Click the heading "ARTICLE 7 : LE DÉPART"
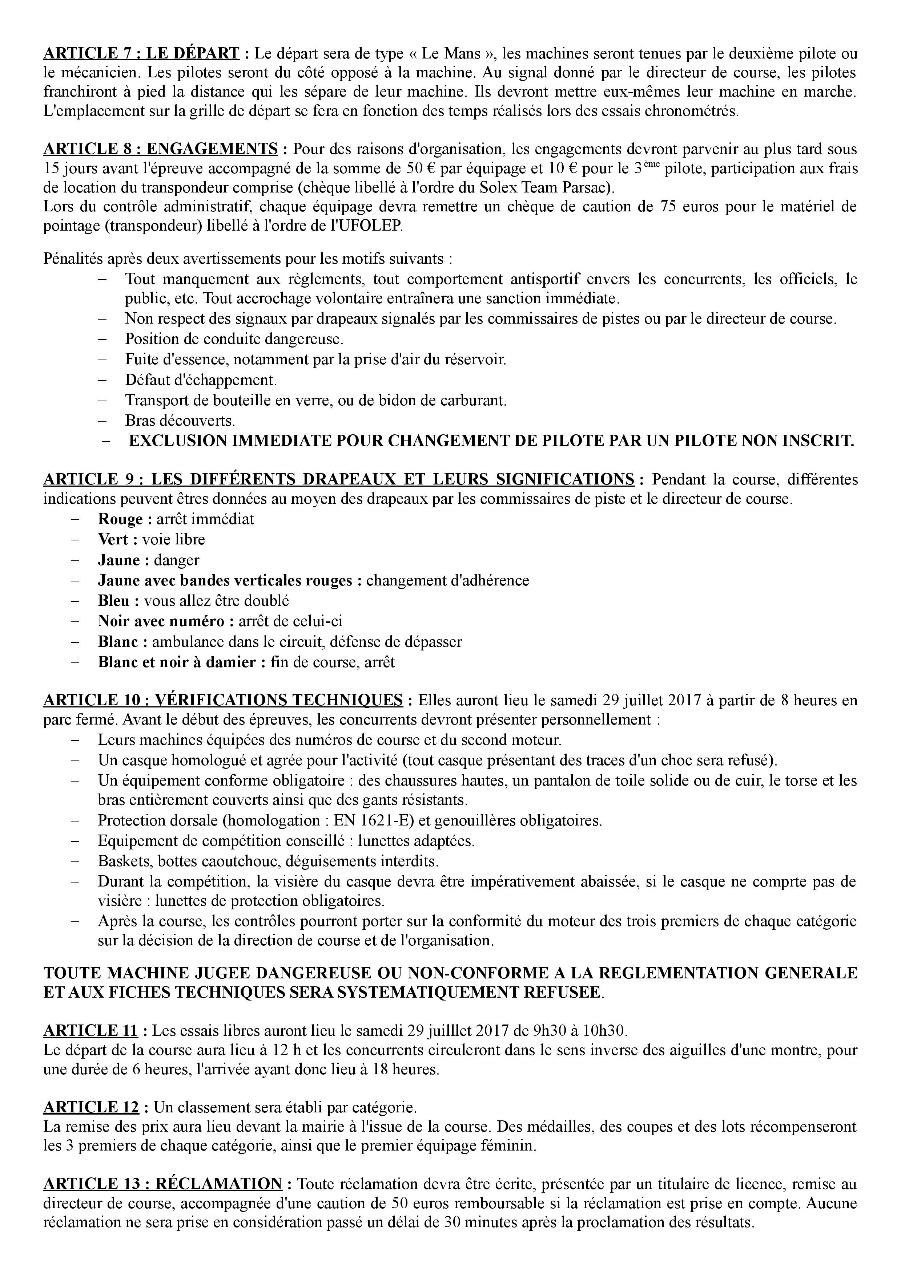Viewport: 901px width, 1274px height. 141,54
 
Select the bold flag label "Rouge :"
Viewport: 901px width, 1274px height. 125,519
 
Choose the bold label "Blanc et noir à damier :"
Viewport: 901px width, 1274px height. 181,662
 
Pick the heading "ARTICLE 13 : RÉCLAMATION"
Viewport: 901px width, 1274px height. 163,1184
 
